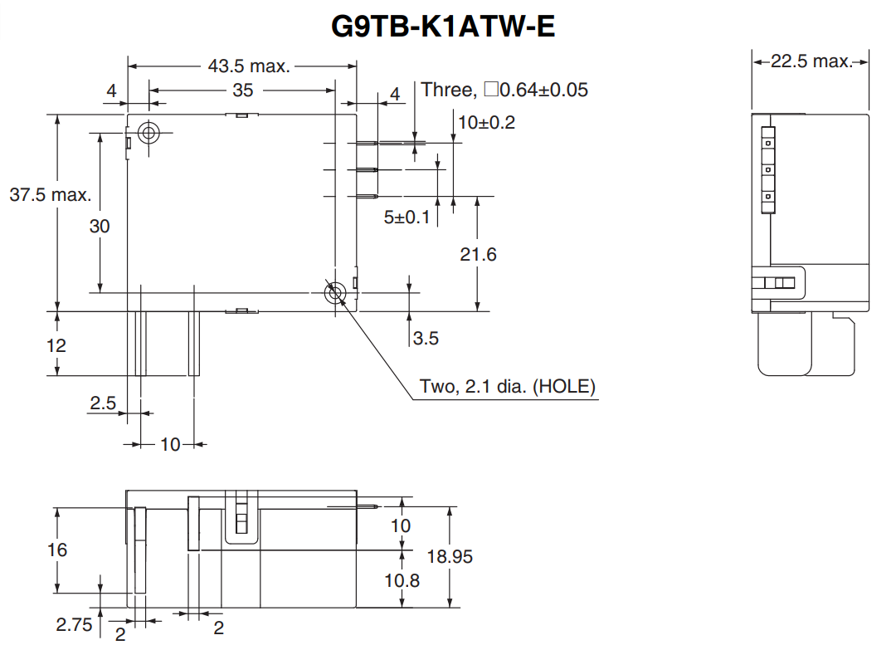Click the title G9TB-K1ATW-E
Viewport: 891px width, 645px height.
coord(443,26)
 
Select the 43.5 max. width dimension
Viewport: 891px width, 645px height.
coord(248,66)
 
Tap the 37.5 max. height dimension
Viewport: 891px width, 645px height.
coord(50,195)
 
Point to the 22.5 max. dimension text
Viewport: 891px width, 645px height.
coord(811,61)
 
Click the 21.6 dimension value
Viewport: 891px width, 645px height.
coord(478,254)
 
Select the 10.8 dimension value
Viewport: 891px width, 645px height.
coord(402,580)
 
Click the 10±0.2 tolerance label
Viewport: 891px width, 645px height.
coord(486,123)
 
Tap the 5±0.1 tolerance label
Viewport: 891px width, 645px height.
coord(407,217)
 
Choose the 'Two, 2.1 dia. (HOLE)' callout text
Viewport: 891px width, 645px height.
coord(508,387)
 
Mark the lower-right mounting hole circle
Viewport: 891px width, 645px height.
coord(335,292)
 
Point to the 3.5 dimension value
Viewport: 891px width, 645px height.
coord(426,338)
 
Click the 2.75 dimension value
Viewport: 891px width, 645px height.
coord(74,624)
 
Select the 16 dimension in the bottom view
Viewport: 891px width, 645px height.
coord(58,550)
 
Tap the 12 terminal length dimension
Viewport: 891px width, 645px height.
coord(56,344)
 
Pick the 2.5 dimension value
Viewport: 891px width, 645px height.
coord(104,403)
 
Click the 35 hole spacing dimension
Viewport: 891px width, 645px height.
coord(242,90)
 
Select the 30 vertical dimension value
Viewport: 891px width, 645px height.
coord(100,226)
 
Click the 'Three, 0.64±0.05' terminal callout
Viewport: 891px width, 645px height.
coord(504,90)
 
